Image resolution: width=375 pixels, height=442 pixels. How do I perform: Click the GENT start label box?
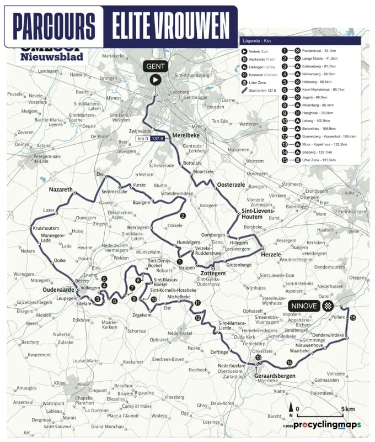pyautogui.click(x=155, y=66)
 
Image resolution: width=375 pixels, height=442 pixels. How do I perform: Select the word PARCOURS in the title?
pyautogui.click(x=54, y=25)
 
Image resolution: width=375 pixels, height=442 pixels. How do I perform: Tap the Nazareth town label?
pyautogui.click(x=61, y=190)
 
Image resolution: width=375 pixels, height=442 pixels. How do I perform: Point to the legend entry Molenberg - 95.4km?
pyautogui.click(x=319, y=104)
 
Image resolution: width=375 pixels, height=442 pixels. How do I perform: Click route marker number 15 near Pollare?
pyautogui.click(x=353, y=318)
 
